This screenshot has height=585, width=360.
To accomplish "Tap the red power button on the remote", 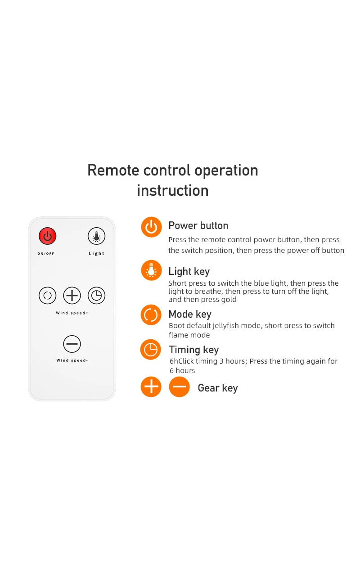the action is coord(47,236).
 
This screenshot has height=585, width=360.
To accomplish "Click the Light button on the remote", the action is coord(96,236).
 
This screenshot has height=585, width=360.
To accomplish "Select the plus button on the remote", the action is coord(72,295).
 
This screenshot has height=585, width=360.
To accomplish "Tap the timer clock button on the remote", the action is coord(96,295).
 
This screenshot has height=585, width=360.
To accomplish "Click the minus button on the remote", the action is coord(72,344).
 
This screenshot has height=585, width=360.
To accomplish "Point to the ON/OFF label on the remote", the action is coord(46,254).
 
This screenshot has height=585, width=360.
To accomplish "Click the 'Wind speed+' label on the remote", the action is coord(72,313).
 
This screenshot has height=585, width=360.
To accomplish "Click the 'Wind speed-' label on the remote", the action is coord(72,360).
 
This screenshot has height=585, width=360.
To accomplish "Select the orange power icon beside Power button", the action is coord(151,227).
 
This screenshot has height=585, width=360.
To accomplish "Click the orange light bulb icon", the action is coord(151,270).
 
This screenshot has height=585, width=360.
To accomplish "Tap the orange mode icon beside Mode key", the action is coord(151,315).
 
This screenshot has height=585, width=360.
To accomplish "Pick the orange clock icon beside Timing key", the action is coord(151,350).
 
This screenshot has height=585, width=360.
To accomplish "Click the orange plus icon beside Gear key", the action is coord(151,387).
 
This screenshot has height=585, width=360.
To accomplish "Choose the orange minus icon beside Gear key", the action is coord(179,387).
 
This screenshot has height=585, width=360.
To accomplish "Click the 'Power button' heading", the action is coord(198,225).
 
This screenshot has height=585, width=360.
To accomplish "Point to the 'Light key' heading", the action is coord(189,272).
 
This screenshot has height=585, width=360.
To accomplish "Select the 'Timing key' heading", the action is coord(194,350).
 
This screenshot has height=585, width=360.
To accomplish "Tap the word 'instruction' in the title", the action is coord(173,190).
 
